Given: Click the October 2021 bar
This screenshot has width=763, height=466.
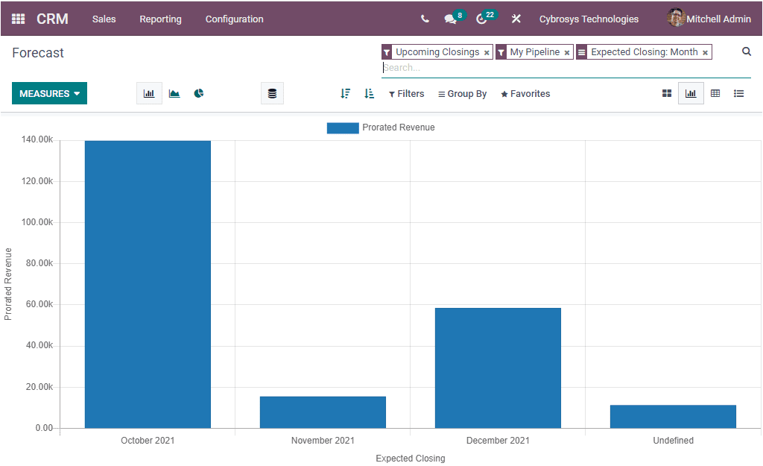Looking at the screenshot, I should click(x=148, y=283).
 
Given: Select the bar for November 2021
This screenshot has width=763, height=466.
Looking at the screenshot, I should click(x=323, y=412).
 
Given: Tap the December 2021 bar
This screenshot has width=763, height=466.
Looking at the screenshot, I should click(x=498, y=368).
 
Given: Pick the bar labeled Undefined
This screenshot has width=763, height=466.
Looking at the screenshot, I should click(x=673, y=416).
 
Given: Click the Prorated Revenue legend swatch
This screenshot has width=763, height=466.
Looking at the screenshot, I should click(x=342, y=127).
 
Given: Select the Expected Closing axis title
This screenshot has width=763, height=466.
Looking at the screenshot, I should click(x=410, y=459).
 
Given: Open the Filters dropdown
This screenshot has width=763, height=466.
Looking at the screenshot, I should click(x=407, y=94).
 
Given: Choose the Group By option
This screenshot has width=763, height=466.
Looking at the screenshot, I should click(x=463, y=94).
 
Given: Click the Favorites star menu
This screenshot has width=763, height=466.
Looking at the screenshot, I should click(x=525, y=94).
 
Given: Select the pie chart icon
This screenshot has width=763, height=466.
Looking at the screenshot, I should click(x=199, y=93).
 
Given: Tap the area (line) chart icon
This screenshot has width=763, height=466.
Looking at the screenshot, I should click(x=174, y=93).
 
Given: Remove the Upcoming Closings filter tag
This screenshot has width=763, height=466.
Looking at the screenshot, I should click(x=487, y=53).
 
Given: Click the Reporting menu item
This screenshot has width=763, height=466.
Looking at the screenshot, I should click(x=160, y=19).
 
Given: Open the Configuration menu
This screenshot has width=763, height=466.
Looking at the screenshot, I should click(x=234, y=19).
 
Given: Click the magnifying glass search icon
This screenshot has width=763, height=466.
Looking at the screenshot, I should click(x=747, y=51).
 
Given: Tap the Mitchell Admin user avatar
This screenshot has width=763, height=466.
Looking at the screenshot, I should click(x=676, y=19).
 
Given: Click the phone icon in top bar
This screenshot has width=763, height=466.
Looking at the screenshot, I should click(x=425, y=19).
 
